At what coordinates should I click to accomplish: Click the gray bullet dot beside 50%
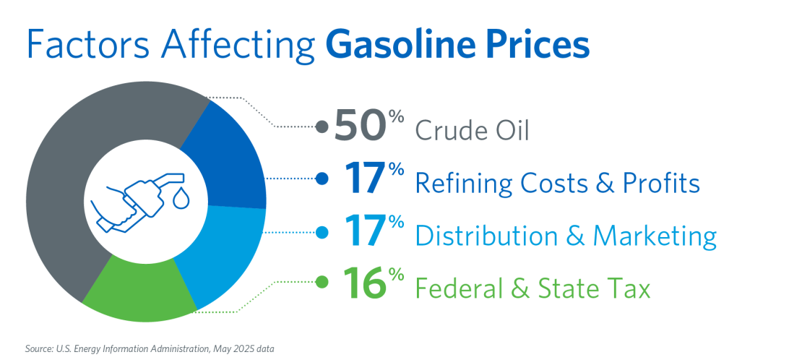322,126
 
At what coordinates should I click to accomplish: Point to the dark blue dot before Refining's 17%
322,179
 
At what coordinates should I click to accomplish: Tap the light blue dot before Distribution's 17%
322,232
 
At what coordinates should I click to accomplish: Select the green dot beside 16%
322,282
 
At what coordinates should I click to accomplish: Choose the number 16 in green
363,282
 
